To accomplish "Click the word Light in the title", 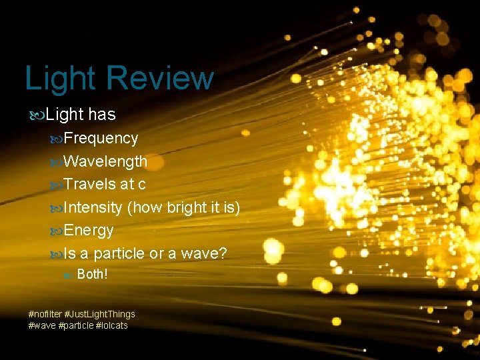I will (61, 79).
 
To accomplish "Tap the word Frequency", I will (101, 138).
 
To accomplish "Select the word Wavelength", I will (106, 161).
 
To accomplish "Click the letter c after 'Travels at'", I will (141, 185).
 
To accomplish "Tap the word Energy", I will (89, 231).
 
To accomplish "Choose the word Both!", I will (93, 275).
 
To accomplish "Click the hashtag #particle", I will (76, 325).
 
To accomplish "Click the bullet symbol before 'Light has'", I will (39, 115).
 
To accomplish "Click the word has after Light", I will (101, 115).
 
